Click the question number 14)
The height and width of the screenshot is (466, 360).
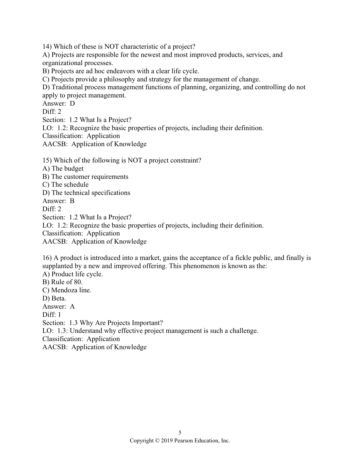coord(47,47)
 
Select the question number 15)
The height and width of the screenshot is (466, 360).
coord(47,160)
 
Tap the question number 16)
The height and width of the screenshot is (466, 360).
coord(47,258)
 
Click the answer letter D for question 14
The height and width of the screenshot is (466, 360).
coord(72,103)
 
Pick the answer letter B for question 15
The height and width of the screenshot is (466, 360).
coord(72,201)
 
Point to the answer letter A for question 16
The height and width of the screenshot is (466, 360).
coord(72,307)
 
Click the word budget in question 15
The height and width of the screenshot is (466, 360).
coord(74,169)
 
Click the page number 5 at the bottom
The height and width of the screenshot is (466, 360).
coord(180,432)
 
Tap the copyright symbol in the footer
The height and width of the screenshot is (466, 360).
coord(157,441)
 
